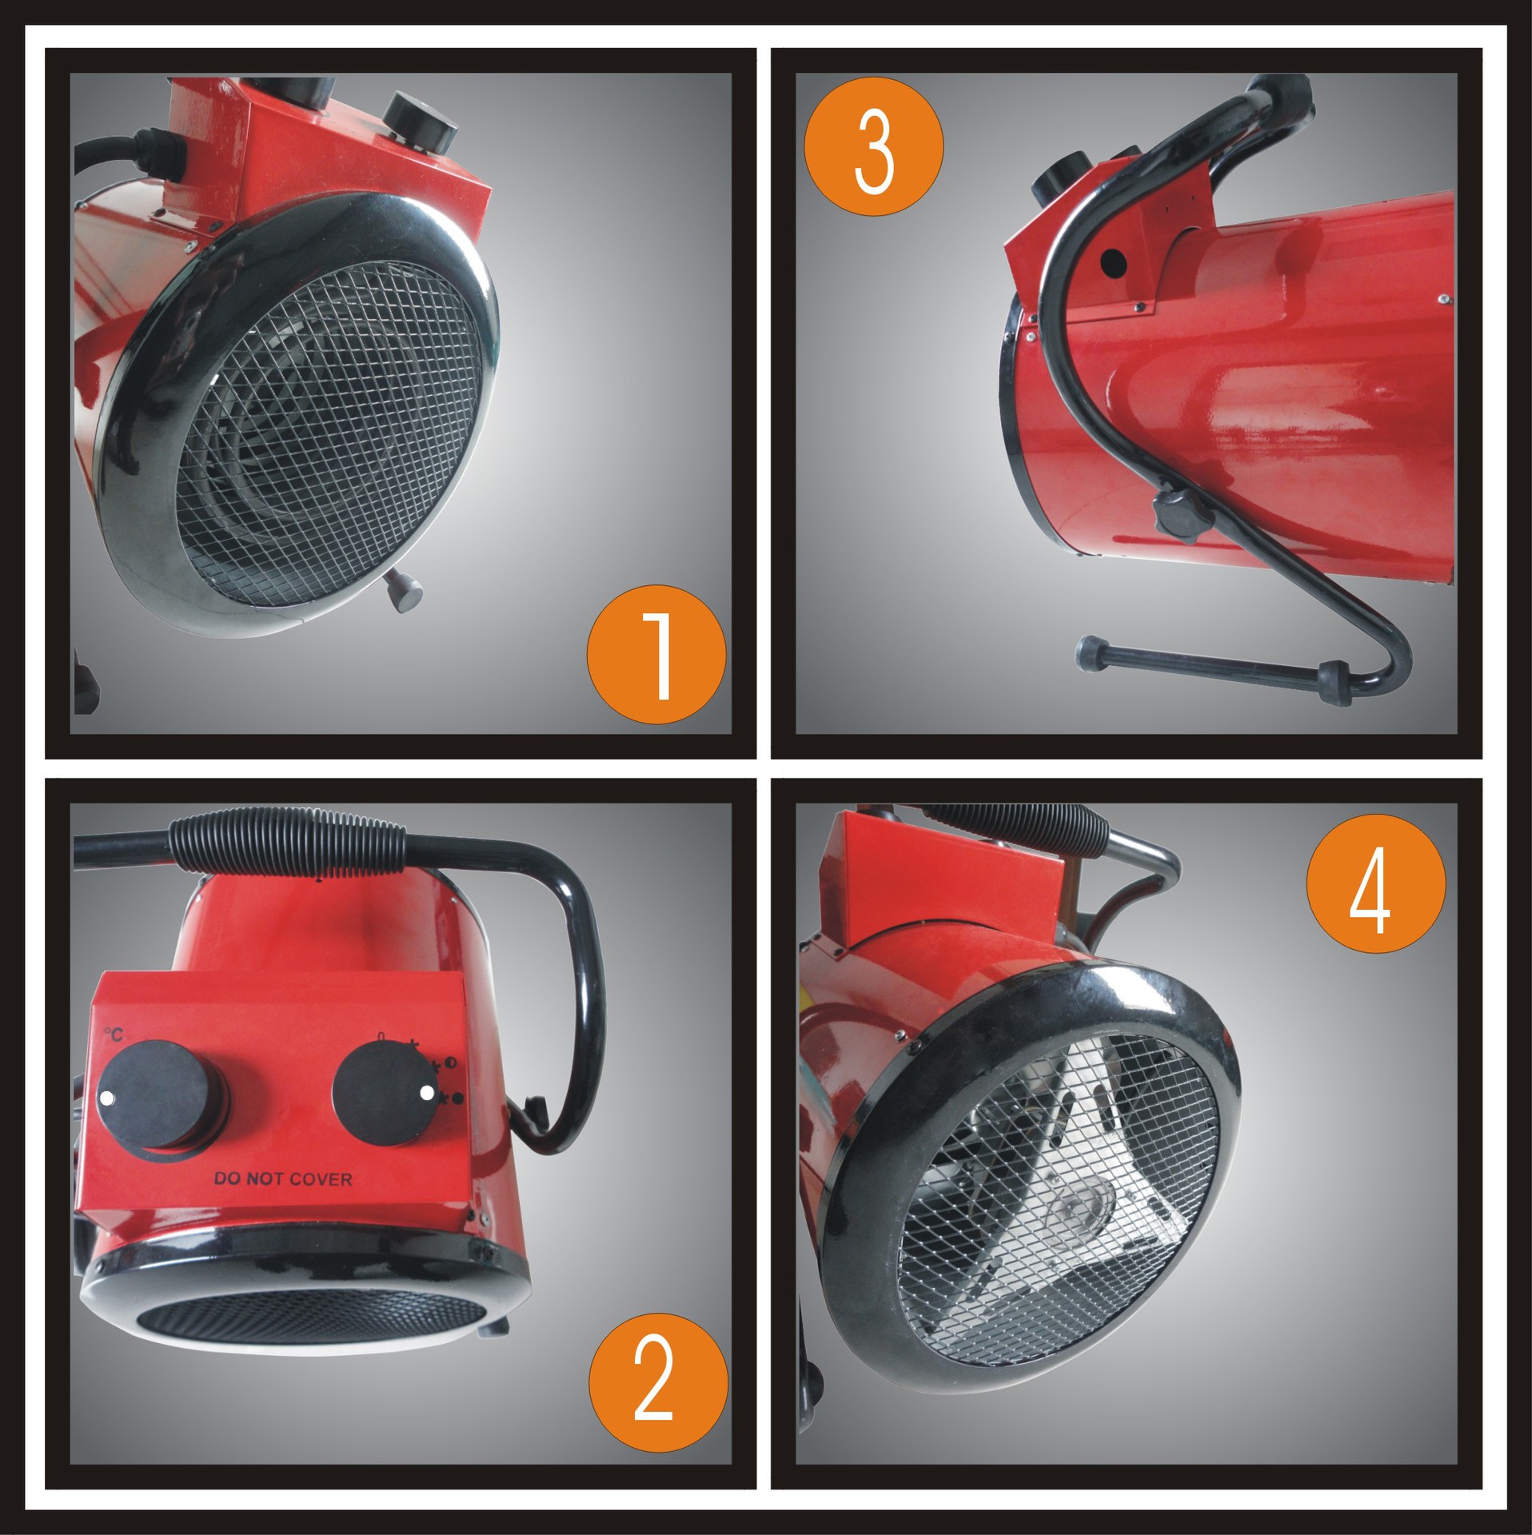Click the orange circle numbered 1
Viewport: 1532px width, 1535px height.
656,655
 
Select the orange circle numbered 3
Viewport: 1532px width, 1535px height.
873,146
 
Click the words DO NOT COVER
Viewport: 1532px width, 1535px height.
283,1178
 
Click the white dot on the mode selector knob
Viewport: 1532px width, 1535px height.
426,1093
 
